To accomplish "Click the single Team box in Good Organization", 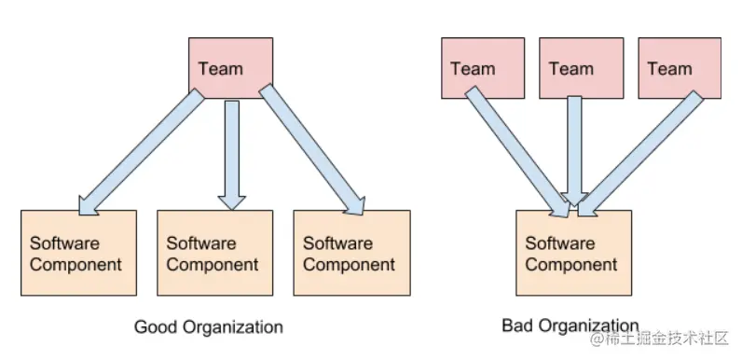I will pyautogui.click(x=230, y=68).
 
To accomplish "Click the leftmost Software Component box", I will pyautogui.click(x=78, y=253).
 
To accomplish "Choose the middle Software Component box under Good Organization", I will pyautogui.click(x=215, y=253).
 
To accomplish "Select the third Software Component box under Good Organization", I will pyautogui.click(x=351, y=253).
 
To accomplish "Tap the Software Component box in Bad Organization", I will pyautogui.click(x=573, y=253).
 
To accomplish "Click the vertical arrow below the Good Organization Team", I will pyautogui.click(x=232, y=149).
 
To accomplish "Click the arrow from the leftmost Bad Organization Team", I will pyautogui.click(x=516, y=149).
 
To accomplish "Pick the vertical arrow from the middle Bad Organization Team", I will pyautogui.click(x=575, y=149).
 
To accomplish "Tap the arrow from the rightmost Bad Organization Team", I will pyautogui.click(x=638, y=149).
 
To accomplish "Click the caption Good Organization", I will pyautogui.click(x=209, y=327).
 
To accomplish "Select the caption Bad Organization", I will pyautogui.click(x=570, y=325).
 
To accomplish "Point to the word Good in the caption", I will pyautogui.click(x=153, y=327).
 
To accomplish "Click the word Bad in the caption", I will pyautogui.click(x=516, y=325).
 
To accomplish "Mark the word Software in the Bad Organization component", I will pyautogui.click(x=559, y=243).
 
